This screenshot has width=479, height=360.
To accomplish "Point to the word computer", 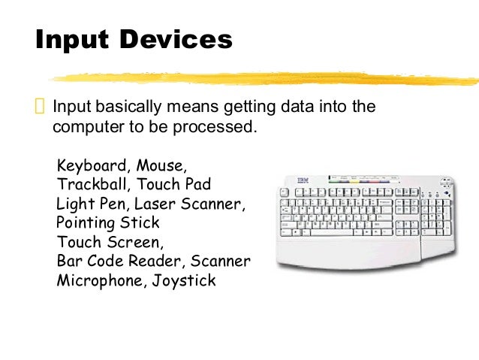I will click(x=85, y=126).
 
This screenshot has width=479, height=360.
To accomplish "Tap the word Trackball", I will click(x=87, y=184).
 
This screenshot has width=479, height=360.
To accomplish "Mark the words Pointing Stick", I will click(x=108, y=223).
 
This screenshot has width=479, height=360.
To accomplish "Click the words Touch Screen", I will click(x=108, y=243).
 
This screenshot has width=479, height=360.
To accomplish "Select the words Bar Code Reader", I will click(x=120, y=262).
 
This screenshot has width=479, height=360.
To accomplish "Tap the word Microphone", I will click(x=92, y=282).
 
